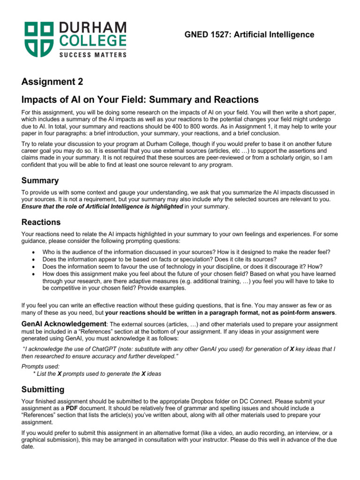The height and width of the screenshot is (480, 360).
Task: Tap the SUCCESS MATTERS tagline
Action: pos(92,55)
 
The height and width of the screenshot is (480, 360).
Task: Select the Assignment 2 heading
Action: pos(52,82)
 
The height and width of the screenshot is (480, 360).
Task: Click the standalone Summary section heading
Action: pos(40,180)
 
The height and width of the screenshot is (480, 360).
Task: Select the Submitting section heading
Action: pos(43,390)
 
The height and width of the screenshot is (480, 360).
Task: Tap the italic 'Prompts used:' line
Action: pos(41,366)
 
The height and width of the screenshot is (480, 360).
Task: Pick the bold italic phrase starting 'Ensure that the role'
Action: pos(102,206)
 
